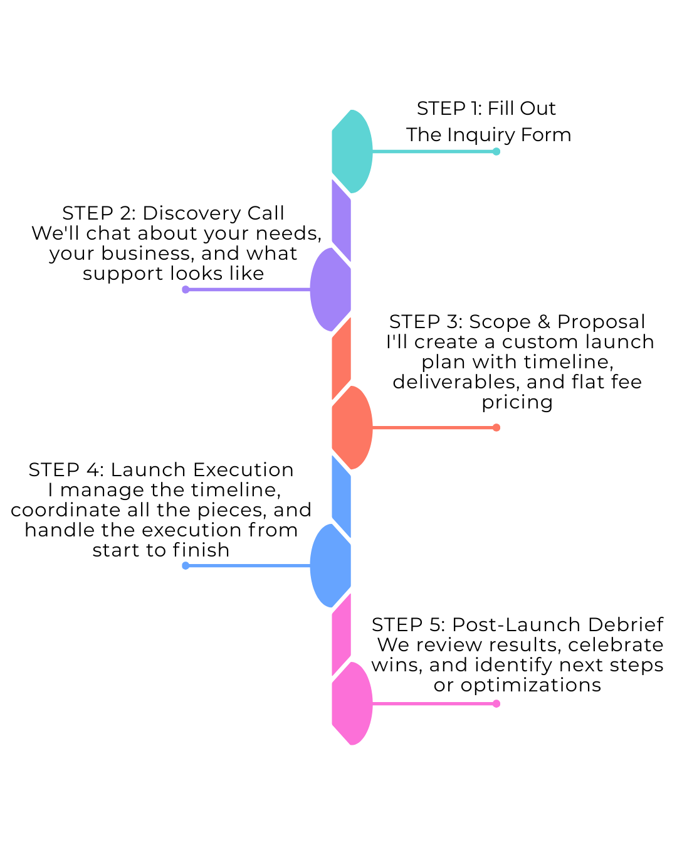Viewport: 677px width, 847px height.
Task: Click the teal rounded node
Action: pos(352,151)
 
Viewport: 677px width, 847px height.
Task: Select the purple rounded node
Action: pos(331,289)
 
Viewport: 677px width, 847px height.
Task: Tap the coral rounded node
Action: pos(352,427)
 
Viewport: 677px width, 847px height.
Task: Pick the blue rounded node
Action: pos(331,565)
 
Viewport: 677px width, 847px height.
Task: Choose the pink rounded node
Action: pos(352,703)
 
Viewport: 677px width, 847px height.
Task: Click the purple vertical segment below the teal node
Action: pos(341,220)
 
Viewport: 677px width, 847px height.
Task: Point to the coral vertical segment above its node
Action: pos(341,358)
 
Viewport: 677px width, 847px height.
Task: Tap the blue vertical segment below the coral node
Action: pos(341,496)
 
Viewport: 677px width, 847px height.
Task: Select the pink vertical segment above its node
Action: pos(341,634)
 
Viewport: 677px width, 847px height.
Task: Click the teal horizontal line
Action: pos(433,151)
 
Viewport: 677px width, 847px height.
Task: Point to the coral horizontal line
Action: pos(433,427)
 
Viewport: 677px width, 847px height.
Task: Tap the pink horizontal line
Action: pos(433,703)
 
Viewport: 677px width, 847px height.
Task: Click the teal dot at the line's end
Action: pos(496,151)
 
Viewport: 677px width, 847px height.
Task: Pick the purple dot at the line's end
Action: pos(186,289)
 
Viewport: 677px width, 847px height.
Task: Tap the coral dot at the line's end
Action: pos(496,427)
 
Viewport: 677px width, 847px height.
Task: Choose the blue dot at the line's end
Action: pos(186,565)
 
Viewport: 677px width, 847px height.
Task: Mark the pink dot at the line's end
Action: pos(496,703)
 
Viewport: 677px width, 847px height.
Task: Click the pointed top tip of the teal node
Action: pos(352,111)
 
